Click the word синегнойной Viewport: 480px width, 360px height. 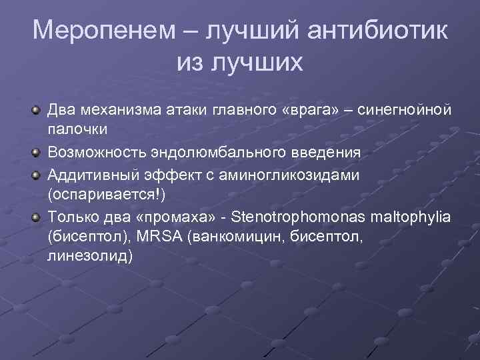(x=405, y=109)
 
